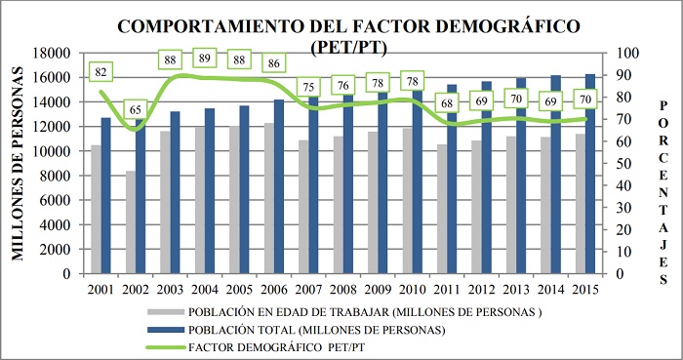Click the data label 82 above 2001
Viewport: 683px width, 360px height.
pos(100,72)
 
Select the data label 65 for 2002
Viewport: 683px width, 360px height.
pos(138,110)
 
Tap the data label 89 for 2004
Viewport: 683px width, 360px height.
pos(205,59)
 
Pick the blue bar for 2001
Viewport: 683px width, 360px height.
pos(105,195)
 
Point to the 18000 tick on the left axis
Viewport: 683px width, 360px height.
pos(53,53)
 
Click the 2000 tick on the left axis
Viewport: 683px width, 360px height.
pos(57,250)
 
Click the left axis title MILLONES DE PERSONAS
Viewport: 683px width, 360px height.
pos(18,164)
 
